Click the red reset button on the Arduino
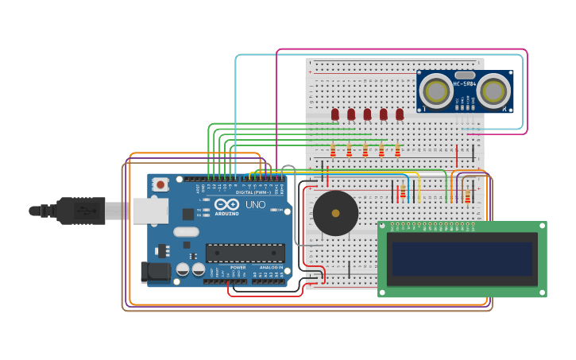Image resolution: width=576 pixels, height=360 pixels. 160,184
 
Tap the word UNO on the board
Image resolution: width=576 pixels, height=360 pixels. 255,204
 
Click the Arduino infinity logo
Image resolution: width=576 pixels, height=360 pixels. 226,203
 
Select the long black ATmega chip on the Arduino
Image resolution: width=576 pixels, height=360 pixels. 245,253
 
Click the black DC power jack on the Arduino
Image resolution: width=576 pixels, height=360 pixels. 154,273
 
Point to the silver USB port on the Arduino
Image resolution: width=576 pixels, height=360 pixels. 149,211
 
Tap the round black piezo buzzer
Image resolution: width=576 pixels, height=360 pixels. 335,213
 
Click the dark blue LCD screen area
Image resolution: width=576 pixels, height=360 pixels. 461,258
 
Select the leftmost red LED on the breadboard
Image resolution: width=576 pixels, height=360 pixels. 335,114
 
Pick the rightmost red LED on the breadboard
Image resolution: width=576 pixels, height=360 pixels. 400,114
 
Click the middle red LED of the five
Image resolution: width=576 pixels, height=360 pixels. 367,114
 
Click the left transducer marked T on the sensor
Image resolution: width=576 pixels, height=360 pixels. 436,91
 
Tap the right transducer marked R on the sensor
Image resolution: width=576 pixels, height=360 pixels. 493,91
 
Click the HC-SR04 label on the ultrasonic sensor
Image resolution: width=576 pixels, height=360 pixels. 465,84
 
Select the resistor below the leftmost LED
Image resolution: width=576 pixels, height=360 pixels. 333,150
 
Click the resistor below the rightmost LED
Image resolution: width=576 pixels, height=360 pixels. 397,150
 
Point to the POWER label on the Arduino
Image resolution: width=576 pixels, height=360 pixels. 238,268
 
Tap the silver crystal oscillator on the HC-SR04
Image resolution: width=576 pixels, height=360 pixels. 465,75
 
